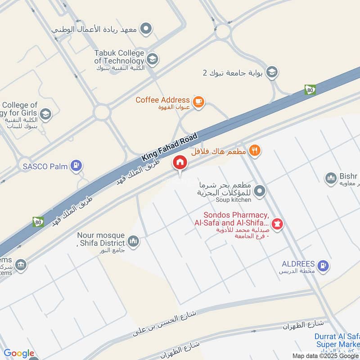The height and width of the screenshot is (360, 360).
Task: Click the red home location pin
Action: [180, 162]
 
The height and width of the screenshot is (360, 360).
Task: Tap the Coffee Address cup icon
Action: [198, 103]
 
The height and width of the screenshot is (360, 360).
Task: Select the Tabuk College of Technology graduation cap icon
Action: [153, 58]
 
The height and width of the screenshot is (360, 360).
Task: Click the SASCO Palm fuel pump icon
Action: [77, 166]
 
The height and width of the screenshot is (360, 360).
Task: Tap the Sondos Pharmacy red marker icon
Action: [278, 223]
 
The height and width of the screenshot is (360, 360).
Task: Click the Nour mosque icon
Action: [133, 242]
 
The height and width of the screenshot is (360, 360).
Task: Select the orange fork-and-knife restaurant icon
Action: [255, 151]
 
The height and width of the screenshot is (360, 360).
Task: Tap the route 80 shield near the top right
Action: [310, 90]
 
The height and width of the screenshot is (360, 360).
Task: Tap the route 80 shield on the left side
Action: [38, 221]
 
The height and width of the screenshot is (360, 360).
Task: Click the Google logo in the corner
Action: [19, 353]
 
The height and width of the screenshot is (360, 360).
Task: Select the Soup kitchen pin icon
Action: [259, 192]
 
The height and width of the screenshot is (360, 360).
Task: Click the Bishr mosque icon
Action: [331, 179]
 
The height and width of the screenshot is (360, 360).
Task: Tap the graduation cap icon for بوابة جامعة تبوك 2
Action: [271, 72]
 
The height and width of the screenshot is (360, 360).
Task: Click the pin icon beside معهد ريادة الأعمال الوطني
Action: [146, 30]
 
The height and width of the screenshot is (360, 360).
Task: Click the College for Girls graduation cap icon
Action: [45, 114]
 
